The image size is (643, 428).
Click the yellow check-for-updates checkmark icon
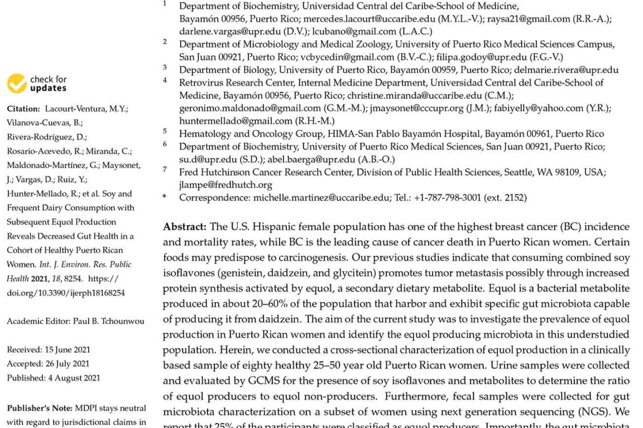click(17, 84)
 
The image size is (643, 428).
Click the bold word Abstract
click(184, 227)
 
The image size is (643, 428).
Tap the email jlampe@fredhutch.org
click(225, 184)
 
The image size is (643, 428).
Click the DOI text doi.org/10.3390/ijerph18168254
click(66, 293)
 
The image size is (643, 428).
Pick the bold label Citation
click(23, 109)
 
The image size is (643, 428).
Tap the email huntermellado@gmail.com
click(236, 120)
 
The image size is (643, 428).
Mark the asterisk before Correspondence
click(164, 197)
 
